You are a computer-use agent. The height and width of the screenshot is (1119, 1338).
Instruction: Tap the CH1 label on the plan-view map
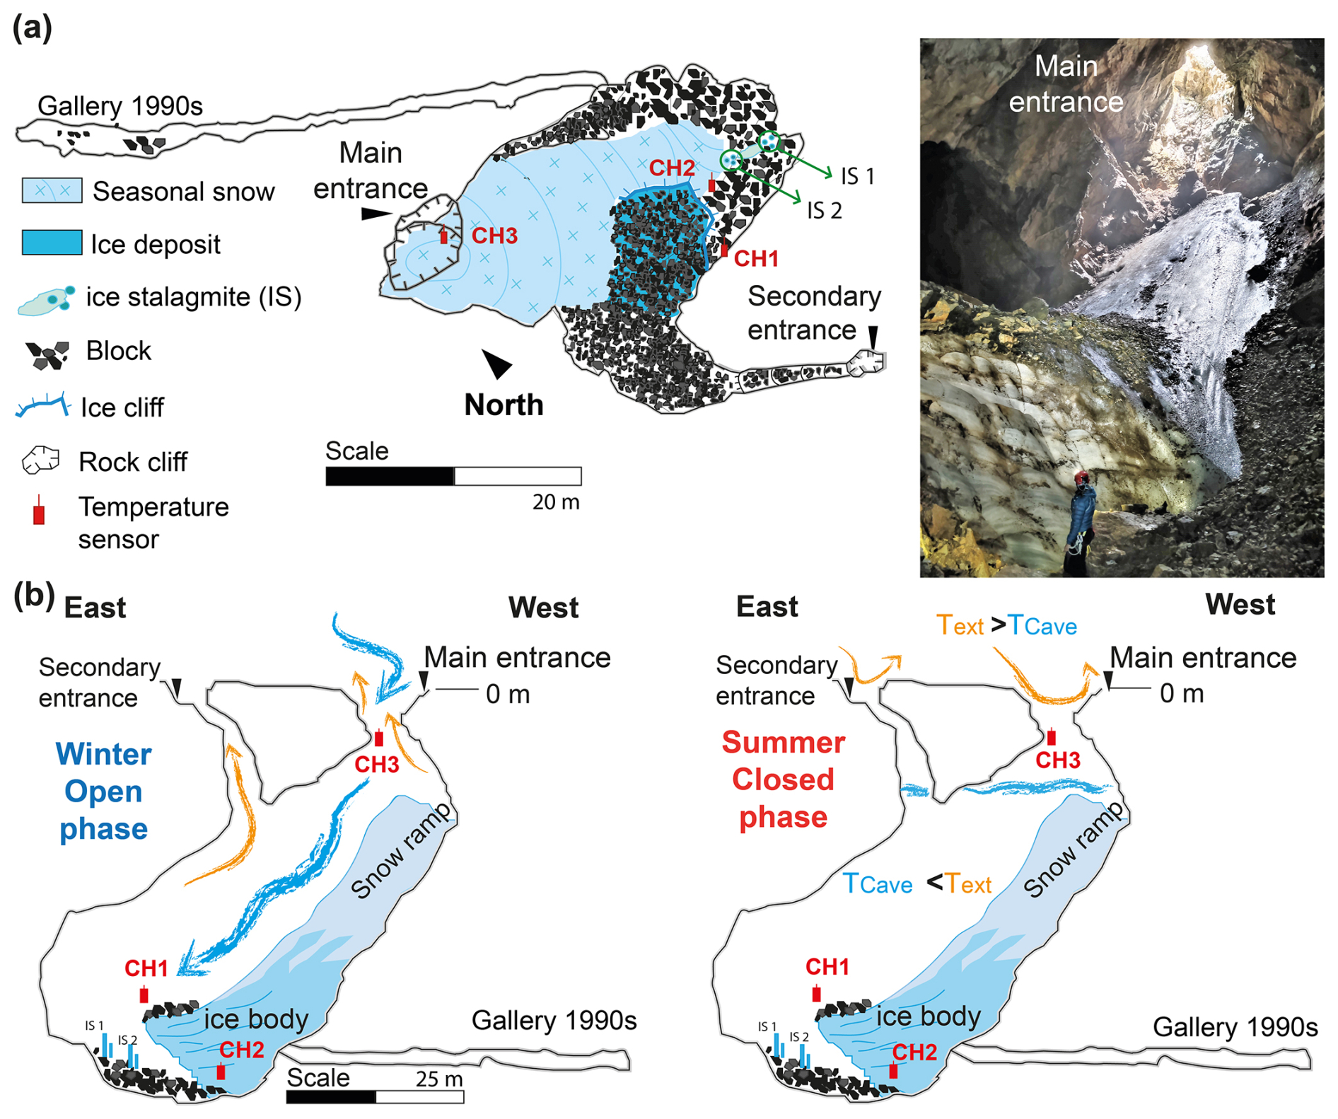click(x=756, y=259)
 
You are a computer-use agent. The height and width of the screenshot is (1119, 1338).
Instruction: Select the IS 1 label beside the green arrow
click(x=858, y=176)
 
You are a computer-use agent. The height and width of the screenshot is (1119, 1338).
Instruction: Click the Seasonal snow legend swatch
click(x=52, y=190)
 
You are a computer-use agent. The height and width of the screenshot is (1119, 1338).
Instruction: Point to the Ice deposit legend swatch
click(x=52, y=243)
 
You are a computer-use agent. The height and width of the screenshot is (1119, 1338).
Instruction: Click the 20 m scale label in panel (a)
click(x=556, y=502)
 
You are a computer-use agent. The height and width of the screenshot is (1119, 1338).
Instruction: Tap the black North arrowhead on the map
click(x=497, y=364)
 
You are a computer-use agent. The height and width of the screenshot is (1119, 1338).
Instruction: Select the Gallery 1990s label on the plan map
click(x=120, y=106)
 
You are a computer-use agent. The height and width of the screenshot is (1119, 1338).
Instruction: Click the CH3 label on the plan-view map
click(x=494, y=236)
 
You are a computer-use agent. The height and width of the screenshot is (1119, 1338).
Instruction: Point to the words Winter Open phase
click(x=103, y=791)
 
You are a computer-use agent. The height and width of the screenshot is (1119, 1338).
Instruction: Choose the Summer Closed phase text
click(x=783, y=779)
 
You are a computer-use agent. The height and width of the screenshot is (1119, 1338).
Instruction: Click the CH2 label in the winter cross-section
click(x=242, y=1050)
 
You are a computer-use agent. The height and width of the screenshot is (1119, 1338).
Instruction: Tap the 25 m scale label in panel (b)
click(x=439, y=1079)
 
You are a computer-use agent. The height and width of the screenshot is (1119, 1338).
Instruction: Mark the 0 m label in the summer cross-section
click(x=1182, y=693)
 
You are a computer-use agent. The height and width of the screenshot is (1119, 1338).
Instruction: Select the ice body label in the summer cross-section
click(x=928, y=1016)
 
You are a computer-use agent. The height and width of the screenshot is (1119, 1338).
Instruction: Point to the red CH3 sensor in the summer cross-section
click(x=1052, y=737)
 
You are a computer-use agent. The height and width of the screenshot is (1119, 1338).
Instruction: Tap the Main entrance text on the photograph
click(x=1066, y=84)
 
